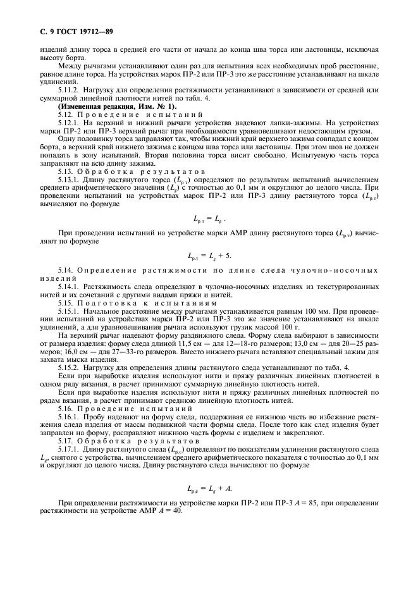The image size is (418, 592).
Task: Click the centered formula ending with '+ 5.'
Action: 209,256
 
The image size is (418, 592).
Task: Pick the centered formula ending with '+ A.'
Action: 209,488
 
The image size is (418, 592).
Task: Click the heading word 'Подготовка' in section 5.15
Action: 111,302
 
